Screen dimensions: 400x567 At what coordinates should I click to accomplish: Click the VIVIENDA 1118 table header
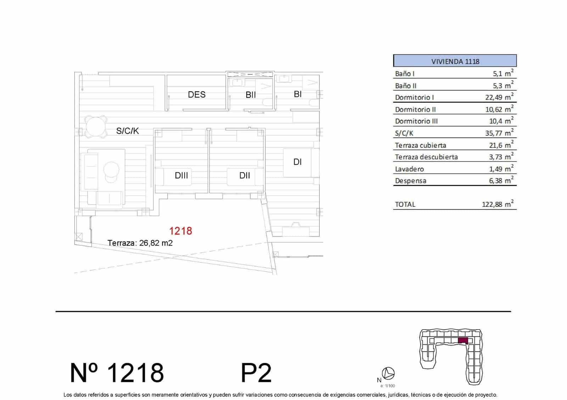[x=455, y=61]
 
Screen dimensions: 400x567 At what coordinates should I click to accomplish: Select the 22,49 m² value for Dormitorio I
[x=499, y=97]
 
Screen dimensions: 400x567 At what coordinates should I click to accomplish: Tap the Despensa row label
[x=411, y=181]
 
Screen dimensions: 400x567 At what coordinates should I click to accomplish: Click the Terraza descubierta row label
[x=426, y=157]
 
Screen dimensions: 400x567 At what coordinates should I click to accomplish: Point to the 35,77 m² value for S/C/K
[x=499, y=133]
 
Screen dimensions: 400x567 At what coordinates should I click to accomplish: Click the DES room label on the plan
[x=197, y=95]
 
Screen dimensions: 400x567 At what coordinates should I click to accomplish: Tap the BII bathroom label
[x=251, y=95]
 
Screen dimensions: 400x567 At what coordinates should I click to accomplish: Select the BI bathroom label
[x=298, y=94]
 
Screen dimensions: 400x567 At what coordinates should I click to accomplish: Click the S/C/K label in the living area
[x=128, y=131]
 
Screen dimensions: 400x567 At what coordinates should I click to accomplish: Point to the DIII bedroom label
[x=181, y=175]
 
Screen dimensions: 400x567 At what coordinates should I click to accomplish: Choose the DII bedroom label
[x=245, y=175]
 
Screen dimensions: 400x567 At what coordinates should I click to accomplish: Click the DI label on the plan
[x=298, y=162]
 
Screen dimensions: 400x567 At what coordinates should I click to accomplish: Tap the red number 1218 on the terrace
[x=181, y=231]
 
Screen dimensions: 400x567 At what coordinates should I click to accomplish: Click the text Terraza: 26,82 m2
[x=140, y=243]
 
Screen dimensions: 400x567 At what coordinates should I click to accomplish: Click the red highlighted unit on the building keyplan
[x=463, y=341]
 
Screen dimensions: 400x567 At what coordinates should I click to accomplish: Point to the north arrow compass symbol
[x=389, y=373]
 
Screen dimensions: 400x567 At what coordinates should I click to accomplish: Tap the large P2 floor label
[x=256, y=373]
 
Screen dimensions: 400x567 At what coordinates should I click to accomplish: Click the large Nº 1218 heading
[x=117, y=373]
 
